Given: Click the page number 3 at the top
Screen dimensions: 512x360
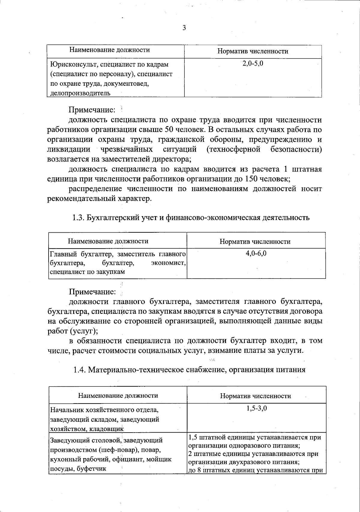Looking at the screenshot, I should pyautogui.click(x=184, y=28).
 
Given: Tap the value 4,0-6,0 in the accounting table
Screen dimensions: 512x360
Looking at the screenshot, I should pyautogui.click(x=256, y=254).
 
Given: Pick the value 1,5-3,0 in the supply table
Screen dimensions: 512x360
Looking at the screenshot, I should pyautogui.click(x=256, y=408).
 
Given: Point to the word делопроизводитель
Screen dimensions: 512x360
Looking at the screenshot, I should pyautogui.click(x=80, y=93).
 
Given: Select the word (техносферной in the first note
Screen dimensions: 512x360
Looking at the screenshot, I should pyautogui.click(x=233, y=149).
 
